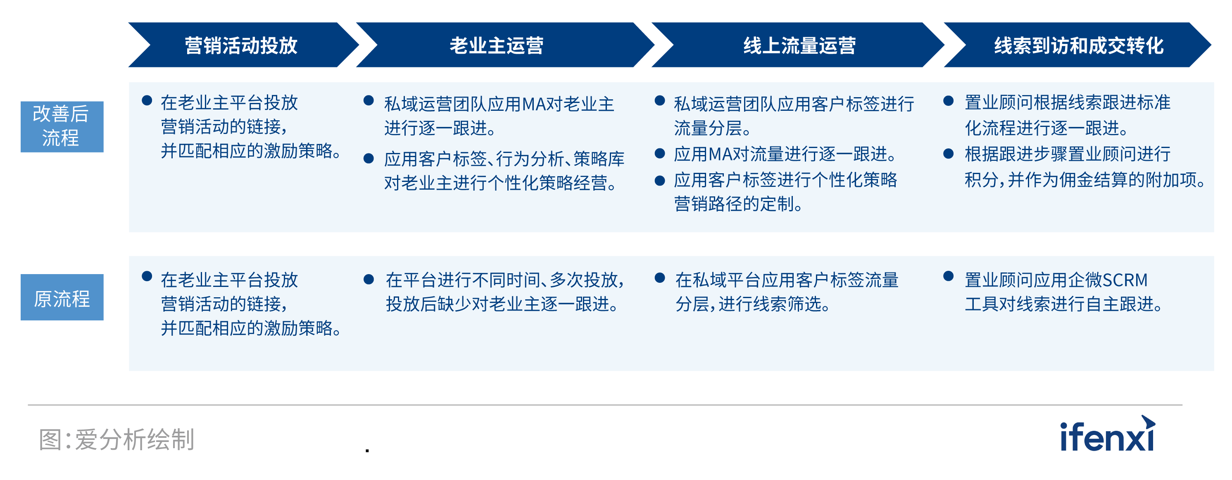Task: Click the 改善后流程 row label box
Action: [62, 127]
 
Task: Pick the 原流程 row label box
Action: [62, 297]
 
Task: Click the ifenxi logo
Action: [1108, 434]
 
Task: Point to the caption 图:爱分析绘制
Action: [117, 439]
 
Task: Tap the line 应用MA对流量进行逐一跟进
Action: [785, 154]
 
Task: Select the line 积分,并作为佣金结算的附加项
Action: [1085, 180]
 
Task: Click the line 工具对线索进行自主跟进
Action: [1064, 304]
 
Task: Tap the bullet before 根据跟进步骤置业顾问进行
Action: [949, 154]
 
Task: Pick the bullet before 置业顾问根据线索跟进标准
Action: [949, 101]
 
